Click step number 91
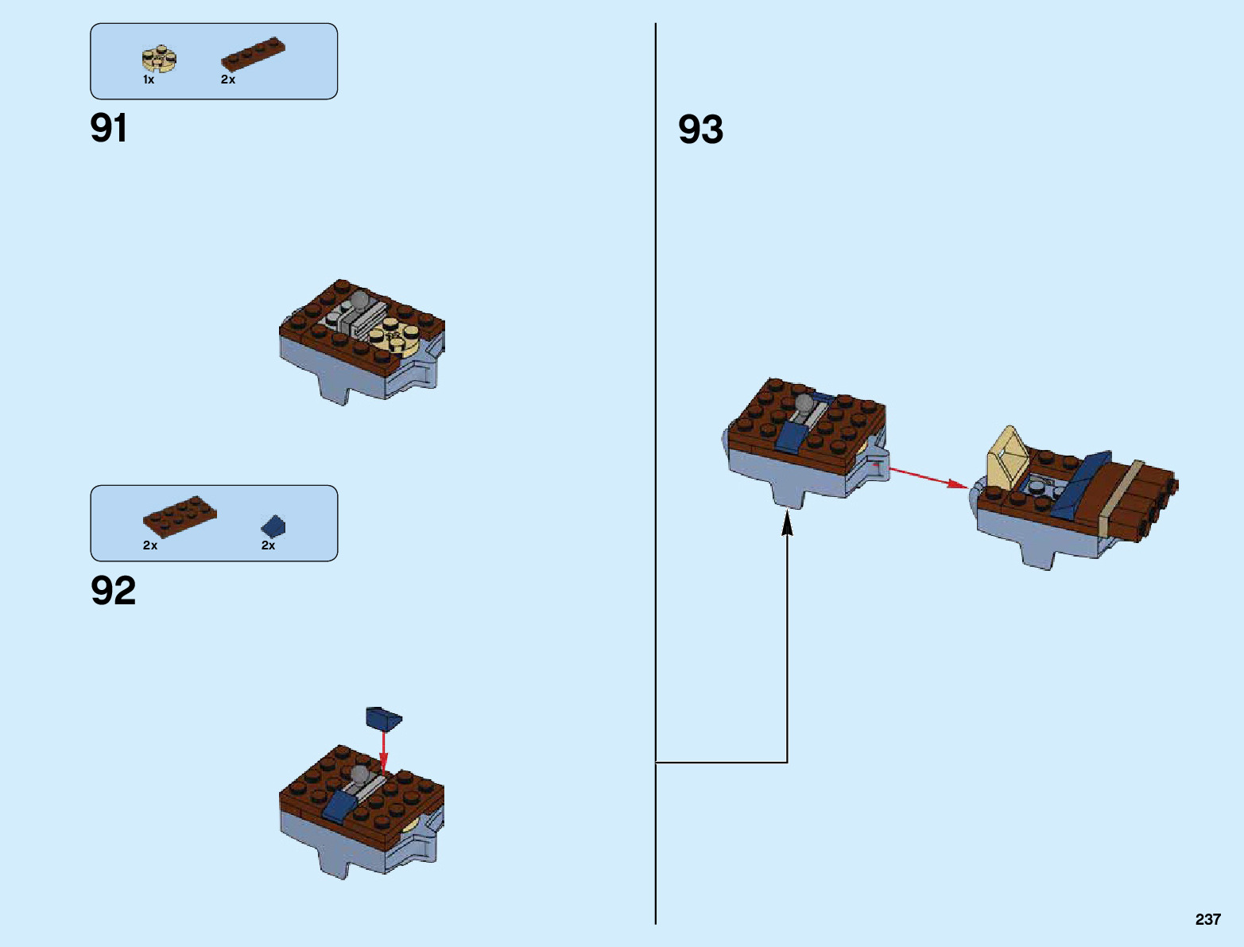[109, 128]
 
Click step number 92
[113, 591]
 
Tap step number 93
[700, 130]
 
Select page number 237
[1207, 919]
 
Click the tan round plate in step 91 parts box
[159, 58]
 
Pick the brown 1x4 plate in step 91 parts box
[252, 53]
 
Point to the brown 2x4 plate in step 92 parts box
[180, 516]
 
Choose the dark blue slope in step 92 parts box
[273, 526]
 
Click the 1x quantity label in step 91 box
[149, 80]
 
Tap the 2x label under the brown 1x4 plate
[228, 80]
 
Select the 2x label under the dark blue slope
[269, 545]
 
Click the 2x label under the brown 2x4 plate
[150, 545]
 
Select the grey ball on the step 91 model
[360, 301]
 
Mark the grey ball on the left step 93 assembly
[804, 402]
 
